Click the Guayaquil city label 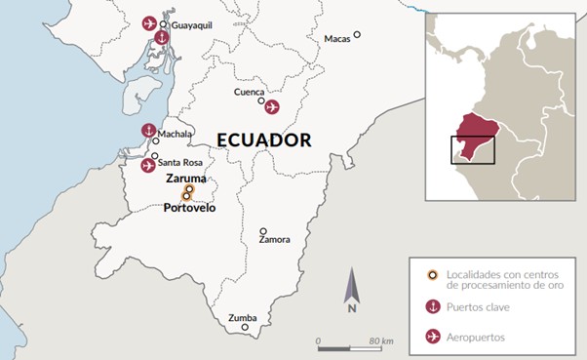(193, 24)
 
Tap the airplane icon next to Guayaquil (149, 22)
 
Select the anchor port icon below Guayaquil (162, 39)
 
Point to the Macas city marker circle (357, 34)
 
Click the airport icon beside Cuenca (272, 106)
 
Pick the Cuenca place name (250, 92)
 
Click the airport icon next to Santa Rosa (148, 165)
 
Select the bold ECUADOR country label (263, 140)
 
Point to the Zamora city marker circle (263, 232)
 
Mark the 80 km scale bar (347, 346)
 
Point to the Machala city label (174, 134)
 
